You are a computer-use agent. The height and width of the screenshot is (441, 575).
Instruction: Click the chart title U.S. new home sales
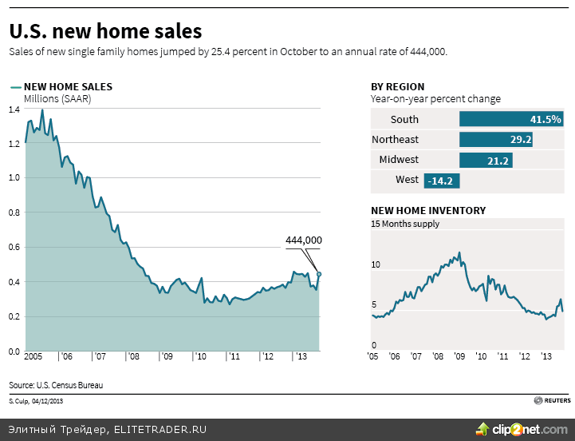coord(105,31)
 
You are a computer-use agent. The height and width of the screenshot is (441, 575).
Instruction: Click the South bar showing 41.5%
coord(511,120)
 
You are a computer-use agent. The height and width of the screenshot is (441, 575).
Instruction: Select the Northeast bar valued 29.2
coord(497,140)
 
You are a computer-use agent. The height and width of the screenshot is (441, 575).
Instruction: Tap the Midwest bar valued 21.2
coord(486,160)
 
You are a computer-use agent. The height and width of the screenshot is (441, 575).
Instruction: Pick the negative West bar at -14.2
coord(441,181)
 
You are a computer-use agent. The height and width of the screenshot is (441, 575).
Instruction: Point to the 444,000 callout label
coord(303,240)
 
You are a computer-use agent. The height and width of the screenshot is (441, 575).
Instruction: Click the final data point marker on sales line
coord(319,274)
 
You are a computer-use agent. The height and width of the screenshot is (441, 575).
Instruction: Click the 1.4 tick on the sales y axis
coord(14,109)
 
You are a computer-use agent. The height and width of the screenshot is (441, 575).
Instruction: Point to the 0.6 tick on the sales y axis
coord(14,247)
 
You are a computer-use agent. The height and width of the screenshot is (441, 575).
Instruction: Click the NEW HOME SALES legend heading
coord(68,86)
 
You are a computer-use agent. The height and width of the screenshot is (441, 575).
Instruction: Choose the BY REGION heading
coord(397,86)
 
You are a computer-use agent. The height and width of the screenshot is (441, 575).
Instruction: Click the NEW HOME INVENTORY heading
coord(428,211)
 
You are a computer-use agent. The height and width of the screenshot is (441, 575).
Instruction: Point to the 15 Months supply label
coord(405,224)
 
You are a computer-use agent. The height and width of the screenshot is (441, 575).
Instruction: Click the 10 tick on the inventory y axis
coord(376,264)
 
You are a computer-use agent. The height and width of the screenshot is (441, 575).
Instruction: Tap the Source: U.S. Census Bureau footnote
coord(56,385)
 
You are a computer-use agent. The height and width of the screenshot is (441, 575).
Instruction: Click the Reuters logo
coord(552,399)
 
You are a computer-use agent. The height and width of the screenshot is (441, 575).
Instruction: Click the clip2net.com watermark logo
coord(522,429)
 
